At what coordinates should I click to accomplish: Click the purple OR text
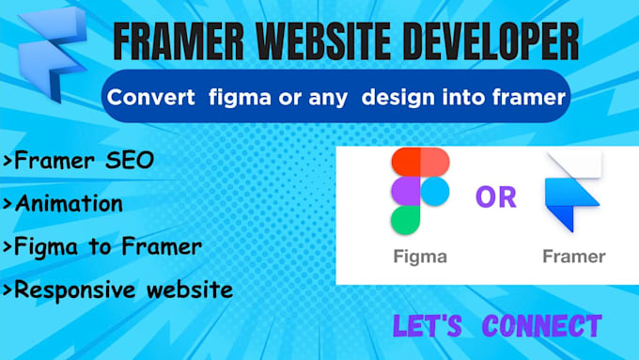496,197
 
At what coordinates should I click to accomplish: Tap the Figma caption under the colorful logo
418,256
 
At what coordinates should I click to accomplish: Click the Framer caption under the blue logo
573,256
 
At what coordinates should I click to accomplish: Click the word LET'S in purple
429,326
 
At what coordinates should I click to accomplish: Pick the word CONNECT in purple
542,326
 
